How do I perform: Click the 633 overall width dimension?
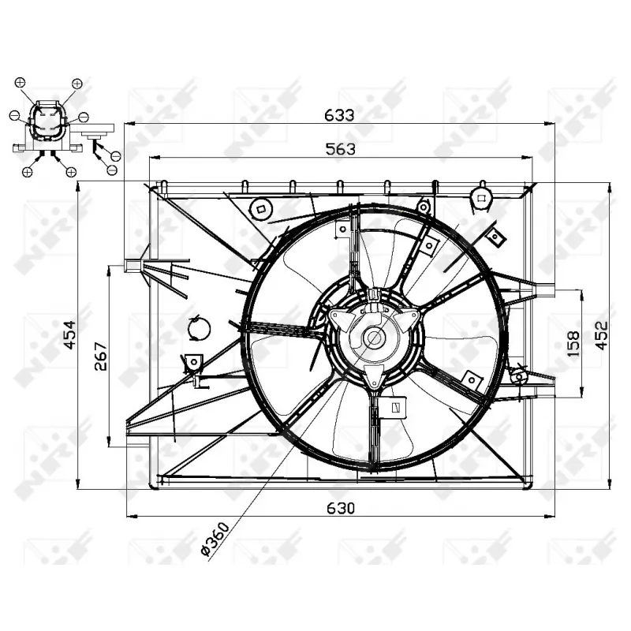[340, 114]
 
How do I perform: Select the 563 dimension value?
[340, 148]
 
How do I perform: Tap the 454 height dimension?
[69, 338]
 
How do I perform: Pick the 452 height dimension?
[602, 336]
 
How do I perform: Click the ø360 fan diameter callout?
[215, 540]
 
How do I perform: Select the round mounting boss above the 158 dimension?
[480, 196]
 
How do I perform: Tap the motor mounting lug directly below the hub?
[375, 376]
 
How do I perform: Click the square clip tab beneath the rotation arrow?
[192, 363]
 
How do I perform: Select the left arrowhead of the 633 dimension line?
[130, 123]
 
